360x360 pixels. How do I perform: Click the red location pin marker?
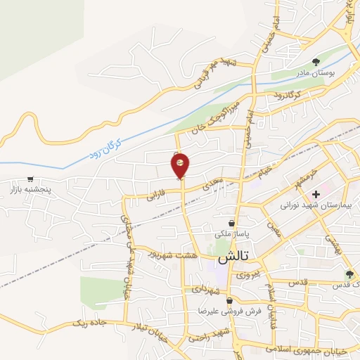pos(181,165)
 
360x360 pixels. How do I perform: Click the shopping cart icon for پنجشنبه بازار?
pos(30,179)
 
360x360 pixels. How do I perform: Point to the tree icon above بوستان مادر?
pos(316,61)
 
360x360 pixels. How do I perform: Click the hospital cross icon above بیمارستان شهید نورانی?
pos(316,193)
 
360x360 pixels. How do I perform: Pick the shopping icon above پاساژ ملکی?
pos(231,224)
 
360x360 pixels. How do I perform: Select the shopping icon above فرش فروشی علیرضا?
pos(229,301)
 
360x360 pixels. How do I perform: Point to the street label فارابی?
pos(155,196)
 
